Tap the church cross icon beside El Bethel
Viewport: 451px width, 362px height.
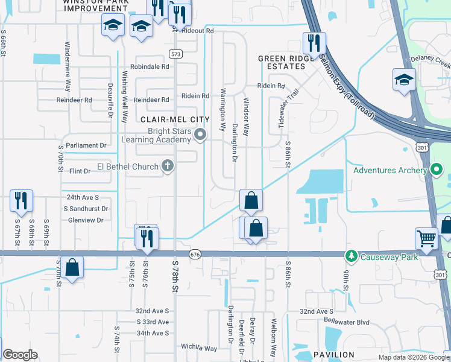tap(168, 166)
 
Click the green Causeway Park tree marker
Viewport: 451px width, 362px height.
tap(352, 256)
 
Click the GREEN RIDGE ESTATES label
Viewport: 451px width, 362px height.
tap(286, 63)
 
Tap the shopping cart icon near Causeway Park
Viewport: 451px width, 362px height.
tap(426, 238)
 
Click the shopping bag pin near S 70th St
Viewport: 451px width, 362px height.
tap(72, 267)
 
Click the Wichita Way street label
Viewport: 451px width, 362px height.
tap(198, 348)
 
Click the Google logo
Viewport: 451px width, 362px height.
tap(20, 355)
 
